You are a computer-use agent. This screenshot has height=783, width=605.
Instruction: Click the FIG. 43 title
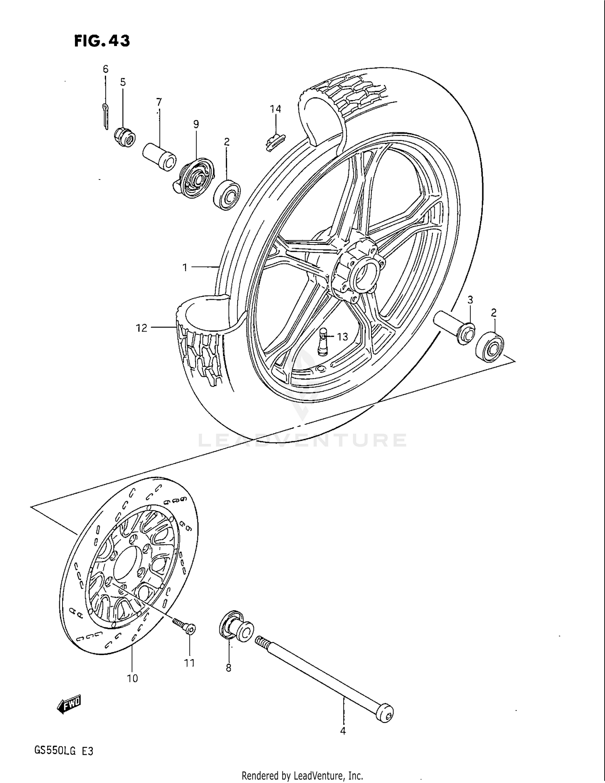pos(102,41)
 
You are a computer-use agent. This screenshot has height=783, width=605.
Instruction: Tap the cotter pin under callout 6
pos(105,117)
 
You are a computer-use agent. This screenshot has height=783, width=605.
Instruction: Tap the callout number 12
pos(142,328)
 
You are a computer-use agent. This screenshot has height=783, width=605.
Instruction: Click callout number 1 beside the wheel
pos(185,267)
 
